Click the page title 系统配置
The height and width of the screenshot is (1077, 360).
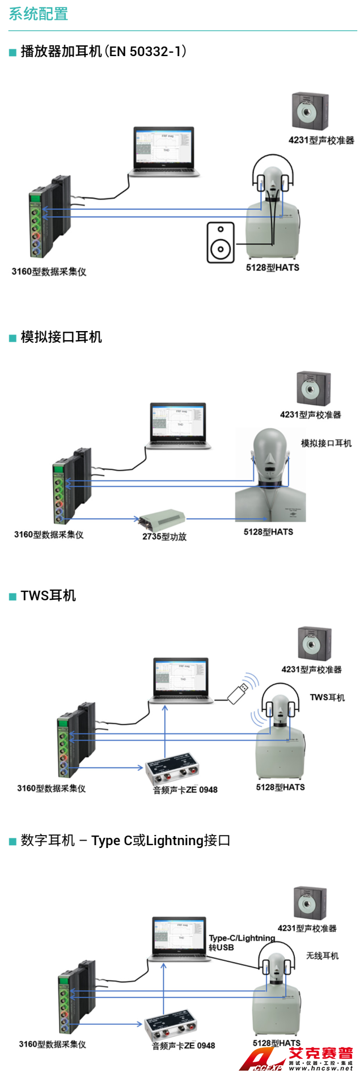(39, 14)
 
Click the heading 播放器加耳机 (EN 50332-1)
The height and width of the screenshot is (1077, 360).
(103, 52)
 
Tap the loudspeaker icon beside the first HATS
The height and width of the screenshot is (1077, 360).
(221, 243)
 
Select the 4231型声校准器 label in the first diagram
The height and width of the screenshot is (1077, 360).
(321, 140)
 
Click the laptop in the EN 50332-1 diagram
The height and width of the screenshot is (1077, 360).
(164, 152)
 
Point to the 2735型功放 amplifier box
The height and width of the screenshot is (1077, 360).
(163, 518)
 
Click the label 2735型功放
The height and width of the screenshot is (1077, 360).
(164, 536)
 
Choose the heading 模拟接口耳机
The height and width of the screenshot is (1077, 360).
(61, 337)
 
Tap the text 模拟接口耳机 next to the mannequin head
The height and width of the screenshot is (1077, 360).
(326, 443)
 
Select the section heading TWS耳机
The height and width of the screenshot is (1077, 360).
(48, 595)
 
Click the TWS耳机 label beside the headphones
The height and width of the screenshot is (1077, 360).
(327, 697)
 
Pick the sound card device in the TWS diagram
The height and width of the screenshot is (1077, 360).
(172, 770)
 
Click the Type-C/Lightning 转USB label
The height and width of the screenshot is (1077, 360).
(242, 943)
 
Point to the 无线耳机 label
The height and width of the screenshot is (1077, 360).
(322, 956)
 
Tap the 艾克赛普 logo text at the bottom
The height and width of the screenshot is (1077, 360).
(320, 1053)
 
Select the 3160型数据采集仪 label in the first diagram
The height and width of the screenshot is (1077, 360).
(49, 272)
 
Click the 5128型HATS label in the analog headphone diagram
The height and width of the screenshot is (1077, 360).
(268, 532)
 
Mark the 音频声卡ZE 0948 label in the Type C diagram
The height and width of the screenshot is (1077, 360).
(184, 1046)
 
